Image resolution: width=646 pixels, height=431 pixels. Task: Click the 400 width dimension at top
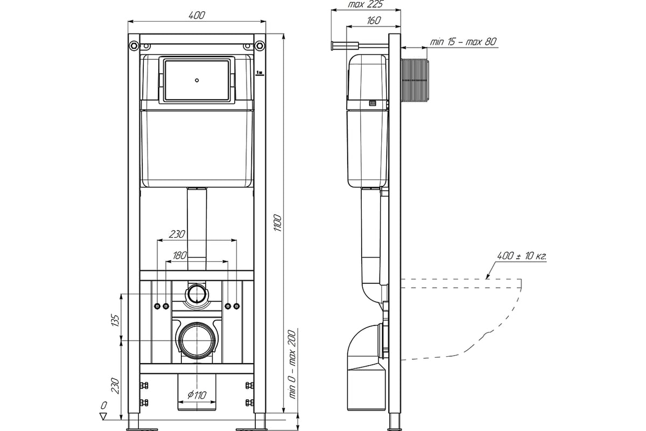point(196,15)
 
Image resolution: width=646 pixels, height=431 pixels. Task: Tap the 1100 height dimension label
point(277,223)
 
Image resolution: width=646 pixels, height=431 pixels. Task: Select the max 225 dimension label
point(366,4)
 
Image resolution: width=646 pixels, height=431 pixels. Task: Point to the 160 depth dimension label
point(374,20)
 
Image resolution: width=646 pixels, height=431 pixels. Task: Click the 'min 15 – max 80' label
point(464,41)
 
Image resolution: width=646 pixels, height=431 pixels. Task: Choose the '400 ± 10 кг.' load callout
point(522,256)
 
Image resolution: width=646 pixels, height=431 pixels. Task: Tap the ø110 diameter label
point(197,394)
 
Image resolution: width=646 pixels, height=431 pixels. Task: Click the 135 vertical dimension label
point(115,321)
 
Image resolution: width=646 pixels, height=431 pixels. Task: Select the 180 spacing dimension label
point(180,255)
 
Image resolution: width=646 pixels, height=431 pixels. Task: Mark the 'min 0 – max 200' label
point(292,365)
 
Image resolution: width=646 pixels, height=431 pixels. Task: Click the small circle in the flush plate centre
point(196,80)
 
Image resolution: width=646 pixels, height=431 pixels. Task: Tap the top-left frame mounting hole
point(134,45)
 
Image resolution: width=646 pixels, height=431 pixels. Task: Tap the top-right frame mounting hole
point(260,45)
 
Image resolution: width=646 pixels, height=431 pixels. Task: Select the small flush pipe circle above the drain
point(196,294)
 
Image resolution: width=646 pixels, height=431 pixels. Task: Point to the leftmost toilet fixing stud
point(157,306)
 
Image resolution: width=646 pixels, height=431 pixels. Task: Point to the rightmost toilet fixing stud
point(236,306)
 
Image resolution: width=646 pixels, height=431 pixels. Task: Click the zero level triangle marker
point(103,416)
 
